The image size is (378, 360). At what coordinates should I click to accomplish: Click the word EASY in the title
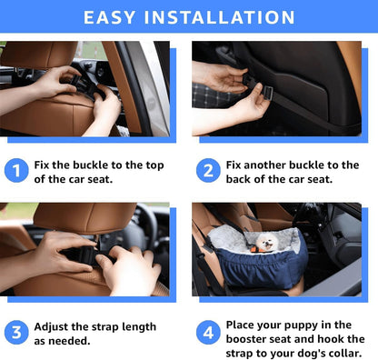pos(114,17)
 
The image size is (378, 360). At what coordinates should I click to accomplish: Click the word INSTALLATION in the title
pos(224,17)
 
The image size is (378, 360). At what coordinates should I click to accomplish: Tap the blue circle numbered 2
pos(208,170)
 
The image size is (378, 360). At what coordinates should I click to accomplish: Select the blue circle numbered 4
pos(208,332)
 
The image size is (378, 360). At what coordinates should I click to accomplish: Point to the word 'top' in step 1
pos(153,165)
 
